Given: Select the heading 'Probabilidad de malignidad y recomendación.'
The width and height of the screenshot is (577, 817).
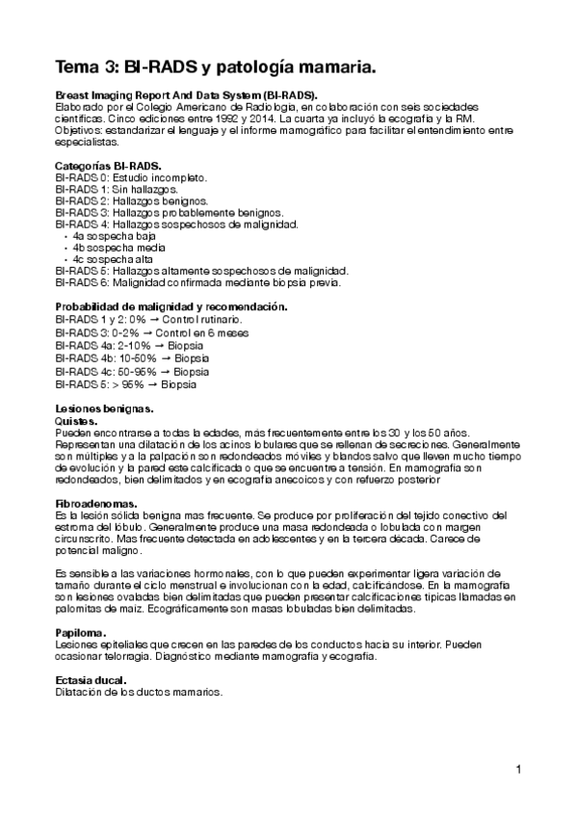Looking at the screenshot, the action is point(171,306).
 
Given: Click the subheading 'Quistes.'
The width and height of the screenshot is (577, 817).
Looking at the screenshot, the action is point(76,421).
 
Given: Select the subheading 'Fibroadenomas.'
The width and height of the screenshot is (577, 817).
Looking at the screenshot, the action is point(95,503).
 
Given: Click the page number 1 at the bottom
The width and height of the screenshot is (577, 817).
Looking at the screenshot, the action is point(518,769).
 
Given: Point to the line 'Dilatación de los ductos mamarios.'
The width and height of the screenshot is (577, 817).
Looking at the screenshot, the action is point(139,693).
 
